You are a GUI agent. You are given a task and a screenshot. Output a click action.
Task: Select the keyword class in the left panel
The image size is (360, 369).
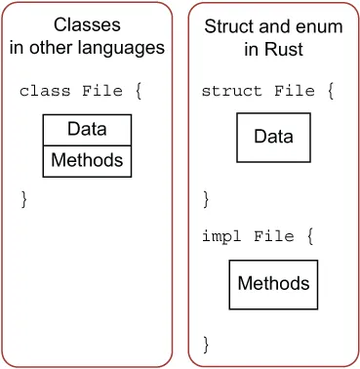(45, 91)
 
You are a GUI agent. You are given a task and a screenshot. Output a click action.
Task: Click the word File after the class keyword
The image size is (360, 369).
(104, 91)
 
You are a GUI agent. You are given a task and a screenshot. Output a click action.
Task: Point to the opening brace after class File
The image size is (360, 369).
(139, 91)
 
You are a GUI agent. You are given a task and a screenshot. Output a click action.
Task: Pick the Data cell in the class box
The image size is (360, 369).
(87, 129)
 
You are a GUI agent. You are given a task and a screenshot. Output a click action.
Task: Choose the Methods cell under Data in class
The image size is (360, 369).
(87, 159)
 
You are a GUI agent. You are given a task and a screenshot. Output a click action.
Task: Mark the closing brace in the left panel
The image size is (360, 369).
(25, 199)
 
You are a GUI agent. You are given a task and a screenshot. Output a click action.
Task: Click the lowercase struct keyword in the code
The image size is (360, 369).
(230, 91)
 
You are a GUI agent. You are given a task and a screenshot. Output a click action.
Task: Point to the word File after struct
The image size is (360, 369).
(294, 91)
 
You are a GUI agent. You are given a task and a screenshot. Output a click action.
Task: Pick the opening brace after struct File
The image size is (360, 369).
(330, 91)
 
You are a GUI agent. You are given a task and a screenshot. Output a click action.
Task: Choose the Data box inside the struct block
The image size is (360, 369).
(273, 137)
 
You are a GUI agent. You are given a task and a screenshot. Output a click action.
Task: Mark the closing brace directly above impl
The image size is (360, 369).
(206, 199)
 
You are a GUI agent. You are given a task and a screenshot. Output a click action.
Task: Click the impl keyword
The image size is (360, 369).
(219, 237)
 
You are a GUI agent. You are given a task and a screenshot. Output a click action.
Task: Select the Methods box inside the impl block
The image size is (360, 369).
(273, 284)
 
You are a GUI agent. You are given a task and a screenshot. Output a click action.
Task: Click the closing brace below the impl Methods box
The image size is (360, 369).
(206, 344)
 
